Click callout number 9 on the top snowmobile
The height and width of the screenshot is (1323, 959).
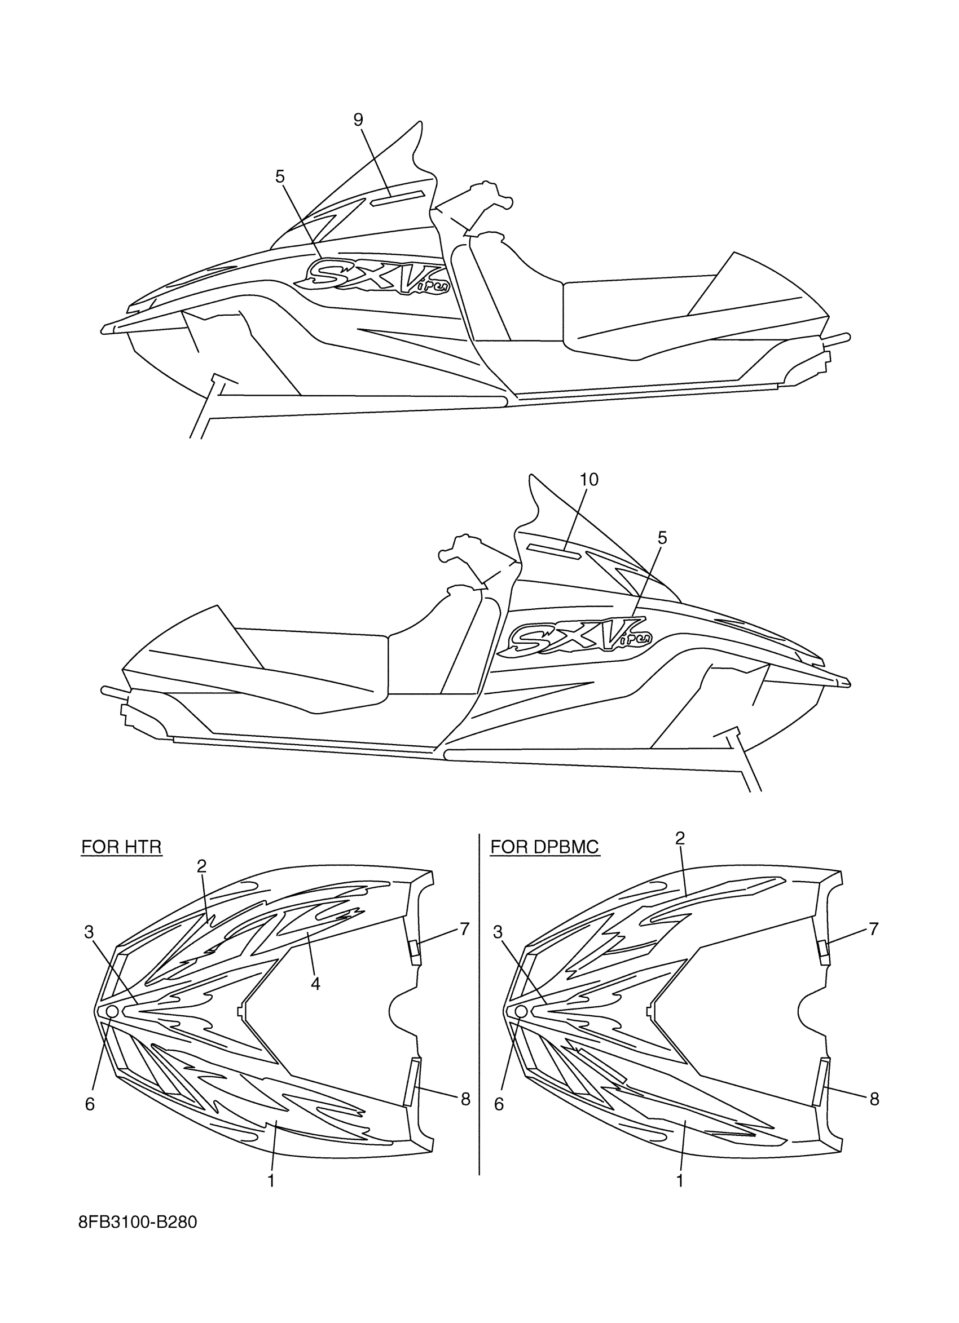coord(358,120)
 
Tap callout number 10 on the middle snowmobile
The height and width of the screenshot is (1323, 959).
coord(589,480)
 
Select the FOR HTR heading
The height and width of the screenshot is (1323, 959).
coord(121,847)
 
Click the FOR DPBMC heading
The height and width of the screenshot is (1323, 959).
coord(544,847)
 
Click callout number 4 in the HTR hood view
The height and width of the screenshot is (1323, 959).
coord(315,984)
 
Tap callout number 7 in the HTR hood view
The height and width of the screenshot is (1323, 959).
coord(465,929)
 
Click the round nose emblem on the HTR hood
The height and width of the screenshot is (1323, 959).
coord(112,1010)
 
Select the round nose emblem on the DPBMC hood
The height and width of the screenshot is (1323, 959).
coord(521,1010)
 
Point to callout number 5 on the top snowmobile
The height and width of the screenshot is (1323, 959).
coord(280,176)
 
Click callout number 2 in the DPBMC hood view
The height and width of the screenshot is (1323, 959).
coord(680,839)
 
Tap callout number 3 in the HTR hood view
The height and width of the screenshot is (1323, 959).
coord(89,933)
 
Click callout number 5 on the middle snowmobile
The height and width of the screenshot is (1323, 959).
coord(662,538)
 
